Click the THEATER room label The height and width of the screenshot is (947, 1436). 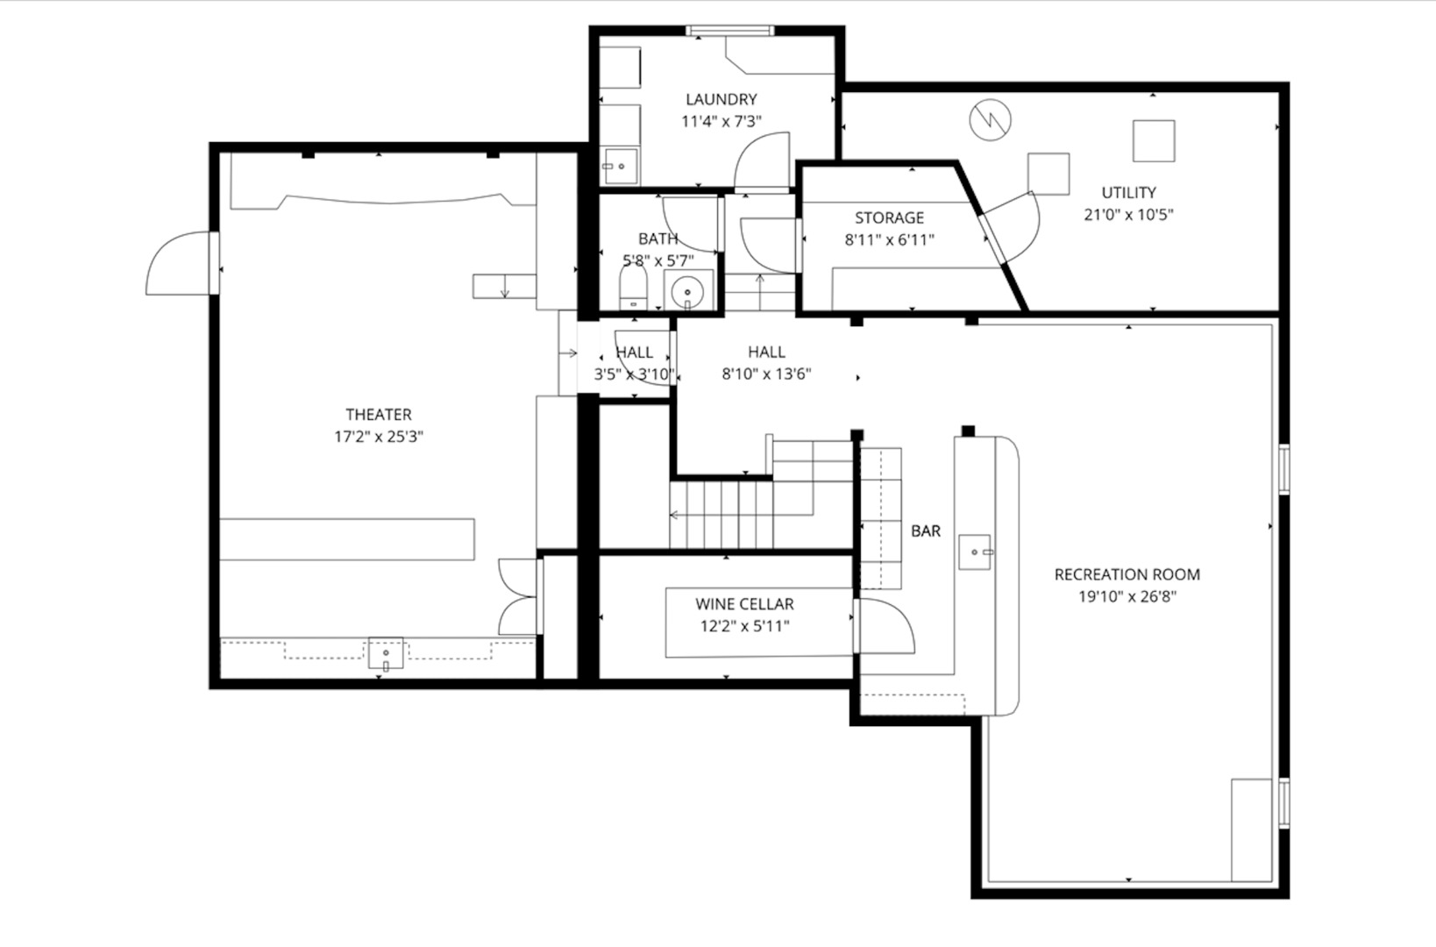click(378, 414)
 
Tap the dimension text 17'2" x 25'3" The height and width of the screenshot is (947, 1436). click(378, 437)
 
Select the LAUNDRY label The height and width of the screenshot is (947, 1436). click(721, 99)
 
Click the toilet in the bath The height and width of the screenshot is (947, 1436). click(632, 288)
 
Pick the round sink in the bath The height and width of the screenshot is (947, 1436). click(688, 290)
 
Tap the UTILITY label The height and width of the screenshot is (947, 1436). click(1128, 192)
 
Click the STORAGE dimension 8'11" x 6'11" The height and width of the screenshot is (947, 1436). click(889, 239)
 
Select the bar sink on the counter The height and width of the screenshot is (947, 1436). click(974, 552)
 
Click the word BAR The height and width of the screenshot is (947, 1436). click(925, 530)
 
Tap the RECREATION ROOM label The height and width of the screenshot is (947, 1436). click(1127, 574)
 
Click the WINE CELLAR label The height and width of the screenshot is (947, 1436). click(744, 604)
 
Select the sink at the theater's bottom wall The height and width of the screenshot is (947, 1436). click(386, 654)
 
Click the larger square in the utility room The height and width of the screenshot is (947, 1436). click(1153, 140)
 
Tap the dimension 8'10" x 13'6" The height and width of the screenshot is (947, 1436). click(766, 374)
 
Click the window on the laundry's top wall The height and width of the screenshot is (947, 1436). click(730, 31)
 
